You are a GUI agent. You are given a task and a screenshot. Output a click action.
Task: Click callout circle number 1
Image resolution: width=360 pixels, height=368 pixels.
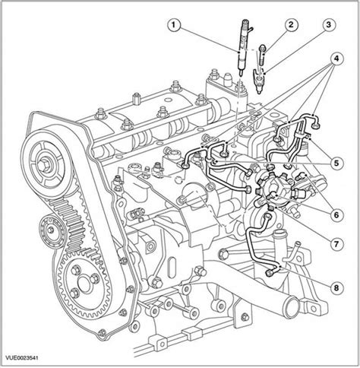pos(173,25)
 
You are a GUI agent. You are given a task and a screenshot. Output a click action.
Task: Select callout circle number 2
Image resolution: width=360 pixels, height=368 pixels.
pos(291,25)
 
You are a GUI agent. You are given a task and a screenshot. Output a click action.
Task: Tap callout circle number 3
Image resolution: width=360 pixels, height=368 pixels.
pos(328,25)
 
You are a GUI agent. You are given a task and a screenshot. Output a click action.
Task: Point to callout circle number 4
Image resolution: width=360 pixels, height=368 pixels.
pos(336,59)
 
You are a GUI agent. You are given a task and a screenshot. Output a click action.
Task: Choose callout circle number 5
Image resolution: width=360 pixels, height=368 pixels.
pos(336,163)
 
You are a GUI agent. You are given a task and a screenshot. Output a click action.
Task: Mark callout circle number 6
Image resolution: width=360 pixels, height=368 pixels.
pos(336,215)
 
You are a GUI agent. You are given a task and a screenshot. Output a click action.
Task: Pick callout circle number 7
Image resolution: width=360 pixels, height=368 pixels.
pos(336,244)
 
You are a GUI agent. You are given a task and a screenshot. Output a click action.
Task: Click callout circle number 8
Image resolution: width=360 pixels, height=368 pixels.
pos(336,287)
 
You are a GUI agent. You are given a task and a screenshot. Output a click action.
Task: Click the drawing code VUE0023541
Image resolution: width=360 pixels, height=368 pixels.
pos(22,358)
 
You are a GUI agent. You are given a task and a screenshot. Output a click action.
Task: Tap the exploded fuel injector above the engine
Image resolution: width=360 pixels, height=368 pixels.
pos(244,47)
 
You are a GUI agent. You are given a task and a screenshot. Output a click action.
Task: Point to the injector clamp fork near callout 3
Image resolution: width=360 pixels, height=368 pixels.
pos(258,81)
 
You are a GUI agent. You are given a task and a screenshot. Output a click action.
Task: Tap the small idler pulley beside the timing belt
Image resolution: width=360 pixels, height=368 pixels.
pos(52,231)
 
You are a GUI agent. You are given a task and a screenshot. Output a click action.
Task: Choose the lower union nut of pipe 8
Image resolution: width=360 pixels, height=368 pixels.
pos(270,272)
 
